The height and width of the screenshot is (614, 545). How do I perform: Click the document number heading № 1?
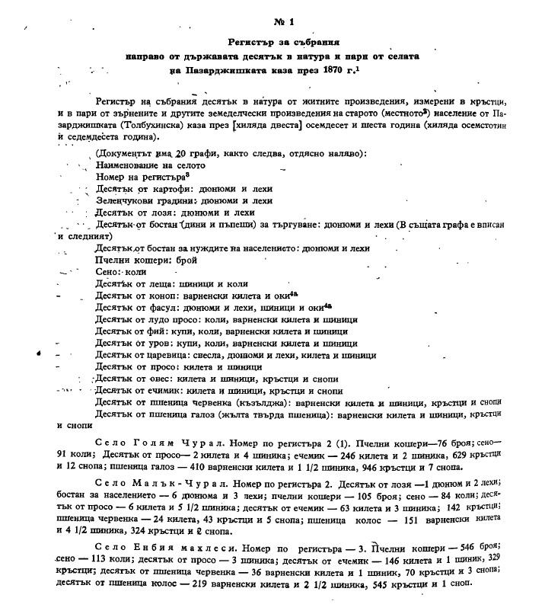point(272,19)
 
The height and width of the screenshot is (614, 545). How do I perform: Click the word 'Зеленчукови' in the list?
point(126,201)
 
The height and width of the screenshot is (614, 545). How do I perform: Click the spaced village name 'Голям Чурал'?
point(154,443)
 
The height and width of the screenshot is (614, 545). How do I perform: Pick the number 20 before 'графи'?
point(180,154)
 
